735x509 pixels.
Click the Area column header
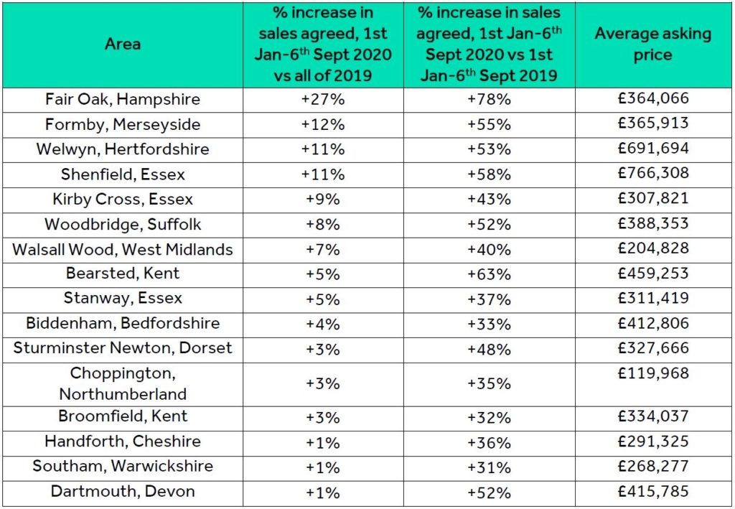(x=123, y=45)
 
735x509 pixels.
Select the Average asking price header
(x=652, y=45)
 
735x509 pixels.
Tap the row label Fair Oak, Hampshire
(x=123, y=99)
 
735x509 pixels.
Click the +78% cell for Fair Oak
(x=489, y=99)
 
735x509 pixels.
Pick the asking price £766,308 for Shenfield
(x=652, y=173)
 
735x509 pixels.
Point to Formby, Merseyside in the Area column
(x=123, y=124)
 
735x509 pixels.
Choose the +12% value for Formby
(x=323, y=124)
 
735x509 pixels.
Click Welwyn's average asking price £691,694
(x=652, y=149)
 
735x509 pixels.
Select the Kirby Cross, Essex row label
(x=123, y=199)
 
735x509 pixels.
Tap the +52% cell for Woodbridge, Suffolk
(x=489, y=224)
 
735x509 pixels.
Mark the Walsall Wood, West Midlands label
(x=123, y=249)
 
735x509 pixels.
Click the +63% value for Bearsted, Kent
(x=489, y=274)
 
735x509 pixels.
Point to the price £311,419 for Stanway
(x=652, y=298)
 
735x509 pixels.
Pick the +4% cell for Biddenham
(x=323, y=323)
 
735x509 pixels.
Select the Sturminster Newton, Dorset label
(x=123, y=348)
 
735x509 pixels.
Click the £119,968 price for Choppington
(x=652, y=373)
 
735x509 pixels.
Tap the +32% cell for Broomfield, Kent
(x=489, y=417)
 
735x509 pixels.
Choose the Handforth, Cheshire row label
(x=123, y=442)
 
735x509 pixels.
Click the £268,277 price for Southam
(x=652, y=467)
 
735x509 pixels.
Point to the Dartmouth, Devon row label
(x=123, y=492)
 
